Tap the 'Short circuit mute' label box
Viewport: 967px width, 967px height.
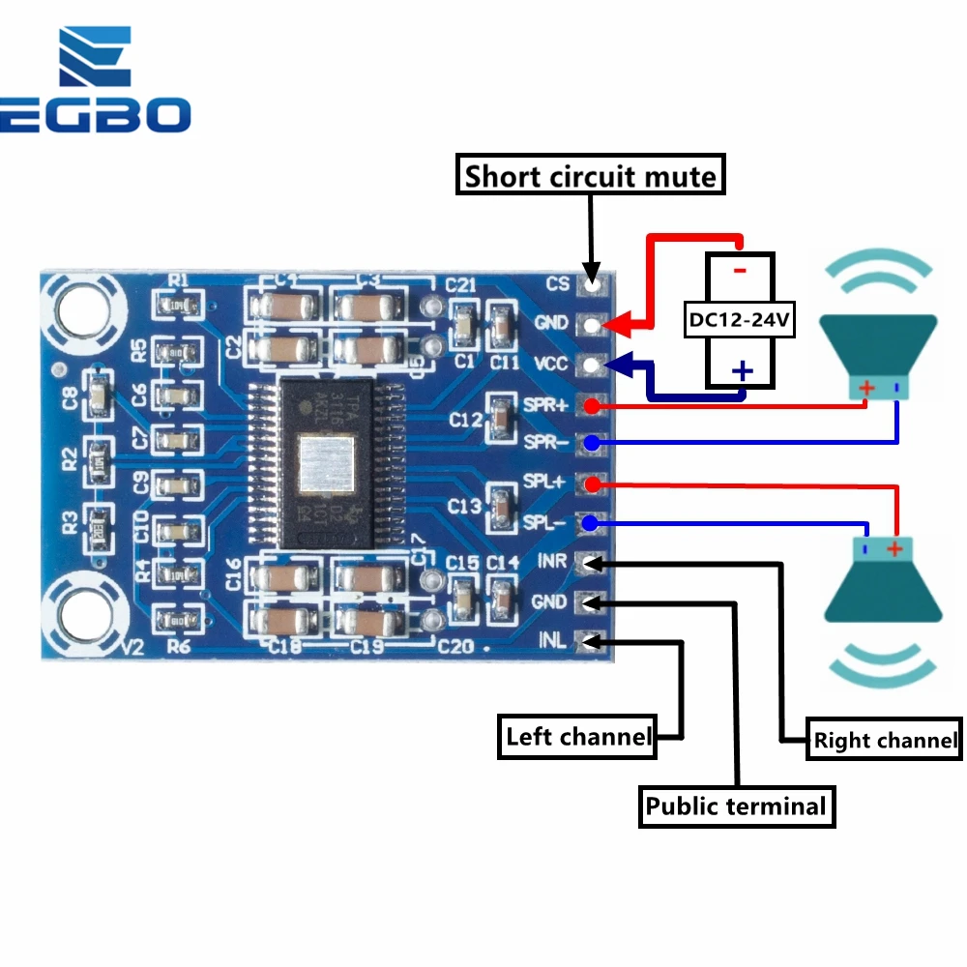[x=590, y=177]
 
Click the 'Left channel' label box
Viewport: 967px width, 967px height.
[x=577, y=737]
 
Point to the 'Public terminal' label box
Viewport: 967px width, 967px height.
[x=736, y=806]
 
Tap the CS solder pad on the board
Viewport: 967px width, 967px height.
[x=592, y=284]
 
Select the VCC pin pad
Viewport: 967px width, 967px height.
[x=592, y=365]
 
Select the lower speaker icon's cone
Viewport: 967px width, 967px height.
[x=883, y=586]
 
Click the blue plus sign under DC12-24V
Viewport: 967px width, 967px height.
[x=742, y=371]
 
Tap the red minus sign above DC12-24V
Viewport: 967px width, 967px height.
[x=740, y=270]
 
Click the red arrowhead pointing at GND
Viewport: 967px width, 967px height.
[x=622, y=323]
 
